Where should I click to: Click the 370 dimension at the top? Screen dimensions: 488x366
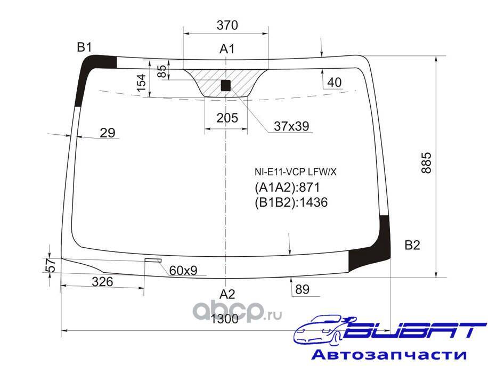point(227,25)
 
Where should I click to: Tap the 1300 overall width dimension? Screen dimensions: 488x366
point(225,319)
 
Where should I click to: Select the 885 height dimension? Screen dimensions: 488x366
point(426,163)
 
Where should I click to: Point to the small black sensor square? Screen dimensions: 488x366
point(226,85)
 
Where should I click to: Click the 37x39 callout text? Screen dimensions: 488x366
point(291,126)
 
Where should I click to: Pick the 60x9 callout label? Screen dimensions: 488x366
point(183,271)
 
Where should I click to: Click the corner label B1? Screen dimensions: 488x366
point(84,47)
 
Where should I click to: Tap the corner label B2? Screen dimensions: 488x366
point(412,245)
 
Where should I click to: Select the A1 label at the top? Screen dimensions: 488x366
point(227,49)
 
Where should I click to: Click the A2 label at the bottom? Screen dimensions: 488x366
point(227,294)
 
